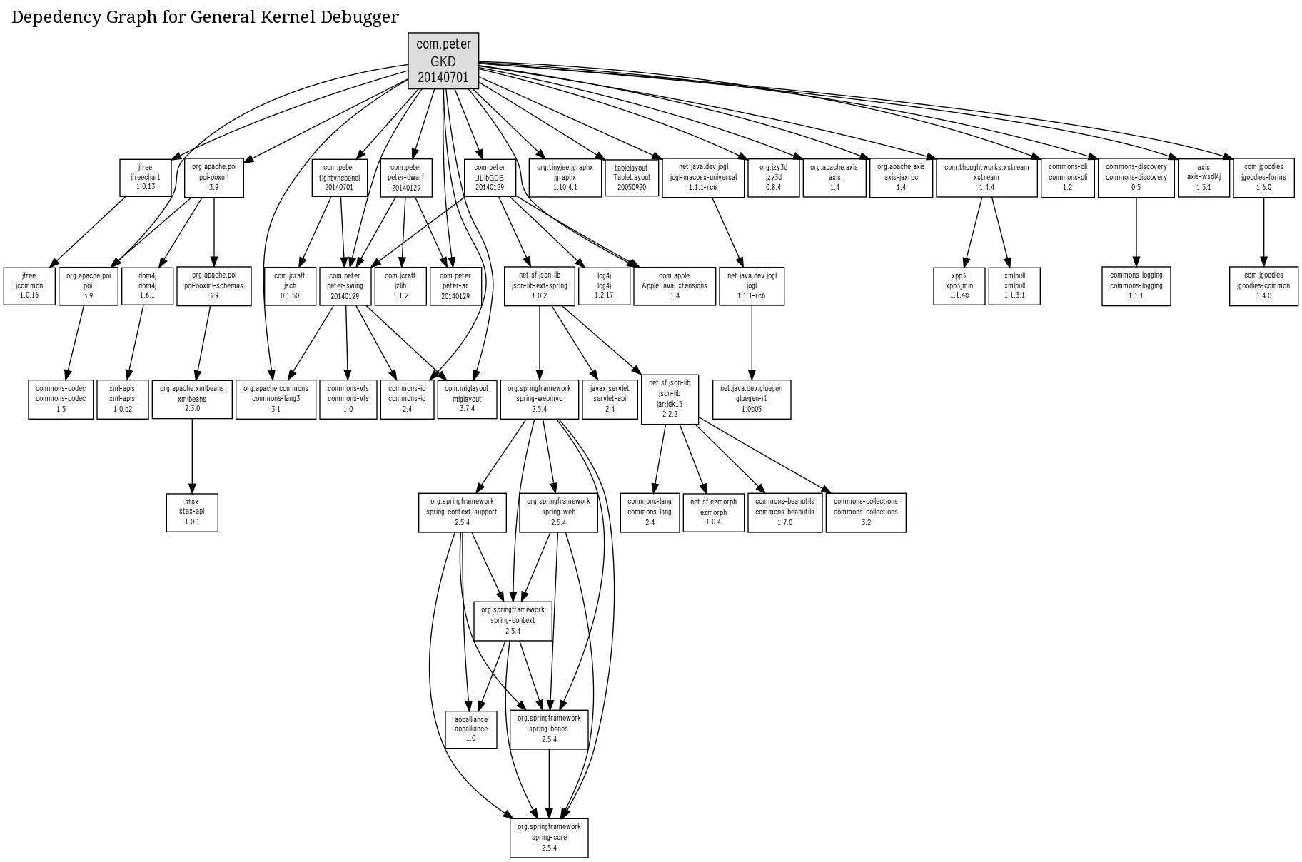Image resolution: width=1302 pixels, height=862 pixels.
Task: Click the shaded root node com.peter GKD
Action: tap(443, 61)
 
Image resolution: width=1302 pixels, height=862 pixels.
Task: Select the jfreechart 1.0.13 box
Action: tap(146, 178)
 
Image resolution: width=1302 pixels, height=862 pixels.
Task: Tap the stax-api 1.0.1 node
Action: tap(192, 512)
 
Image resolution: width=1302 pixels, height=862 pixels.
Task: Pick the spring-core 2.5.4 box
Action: tap(549, 837)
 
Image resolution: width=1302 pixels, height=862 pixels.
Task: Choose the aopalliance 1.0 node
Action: tap(471, 729)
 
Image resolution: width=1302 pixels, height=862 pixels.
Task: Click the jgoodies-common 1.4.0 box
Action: tap(1263, 285)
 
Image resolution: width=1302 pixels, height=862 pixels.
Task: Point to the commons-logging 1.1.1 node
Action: tap(1136, 285)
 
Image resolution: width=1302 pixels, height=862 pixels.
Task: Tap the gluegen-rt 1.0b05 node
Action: tap(751, 399)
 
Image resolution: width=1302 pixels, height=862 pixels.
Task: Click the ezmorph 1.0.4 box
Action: tap(713, 512)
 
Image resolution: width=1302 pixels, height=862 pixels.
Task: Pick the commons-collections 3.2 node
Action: tap(865, 512)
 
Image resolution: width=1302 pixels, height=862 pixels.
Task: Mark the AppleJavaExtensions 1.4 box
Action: tap(674, 285)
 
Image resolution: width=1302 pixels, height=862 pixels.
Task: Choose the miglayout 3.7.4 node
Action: tap(467, 399)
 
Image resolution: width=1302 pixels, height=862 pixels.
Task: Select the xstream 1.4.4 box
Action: tap(986, 178)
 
